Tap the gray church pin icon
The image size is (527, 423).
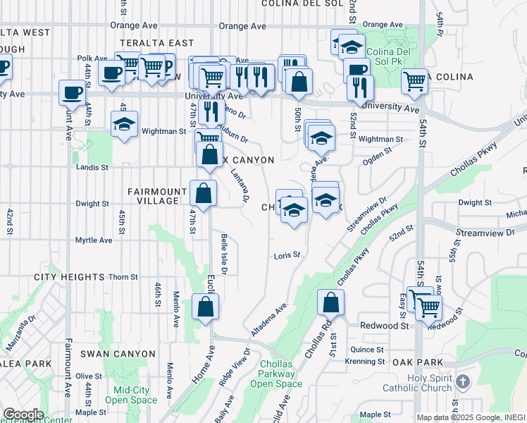tap(462, 382)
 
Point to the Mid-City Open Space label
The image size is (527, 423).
tap(131, 394)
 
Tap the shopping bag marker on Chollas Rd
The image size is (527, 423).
tap(330, 303)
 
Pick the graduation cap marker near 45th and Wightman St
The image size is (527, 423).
tap(125, 124)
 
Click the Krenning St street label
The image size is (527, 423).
tap(364, 362)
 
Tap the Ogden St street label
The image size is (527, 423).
tap(376, 161)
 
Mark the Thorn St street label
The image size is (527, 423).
tap(122, 277)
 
